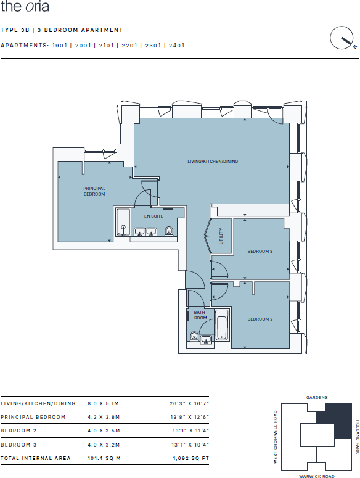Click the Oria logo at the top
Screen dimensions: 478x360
[25, 7]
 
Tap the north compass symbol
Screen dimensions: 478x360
[341, 39]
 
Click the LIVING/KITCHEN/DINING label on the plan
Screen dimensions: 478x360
[213, 162]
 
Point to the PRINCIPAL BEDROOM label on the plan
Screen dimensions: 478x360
[94, 191]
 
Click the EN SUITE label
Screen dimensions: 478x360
[153, 216]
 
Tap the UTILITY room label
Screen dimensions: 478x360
[220, 236]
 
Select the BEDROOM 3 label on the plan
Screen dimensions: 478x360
[260, 252]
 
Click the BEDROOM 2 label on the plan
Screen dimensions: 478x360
[260, 319]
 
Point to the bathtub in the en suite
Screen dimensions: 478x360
[123, 223]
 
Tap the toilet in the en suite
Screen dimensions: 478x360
[169, 232]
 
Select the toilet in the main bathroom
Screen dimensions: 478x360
[195, 336]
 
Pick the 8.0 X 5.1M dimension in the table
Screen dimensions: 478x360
[103, 403]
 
